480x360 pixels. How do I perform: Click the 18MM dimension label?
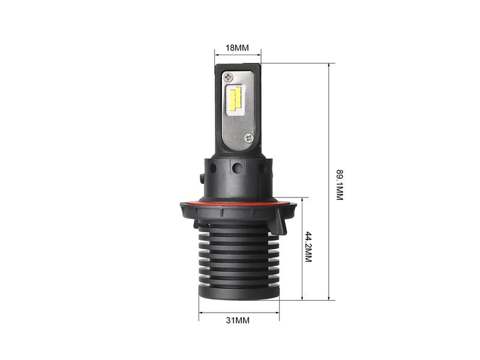237,48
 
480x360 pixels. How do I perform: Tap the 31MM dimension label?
238,320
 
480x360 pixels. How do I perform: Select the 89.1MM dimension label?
340,185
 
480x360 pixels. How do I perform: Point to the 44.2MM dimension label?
308,247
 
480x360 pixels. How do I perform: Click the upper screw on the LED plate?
229,77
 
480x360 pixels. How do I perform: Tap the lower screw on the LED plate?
250,138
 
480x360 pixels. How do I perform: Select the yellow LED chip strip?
235,98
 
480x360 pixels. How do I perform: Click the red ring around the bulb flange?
238,203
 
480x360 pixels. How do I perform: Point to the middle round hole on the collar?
237,168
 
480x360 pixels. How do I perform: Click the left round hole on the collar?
214,168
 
